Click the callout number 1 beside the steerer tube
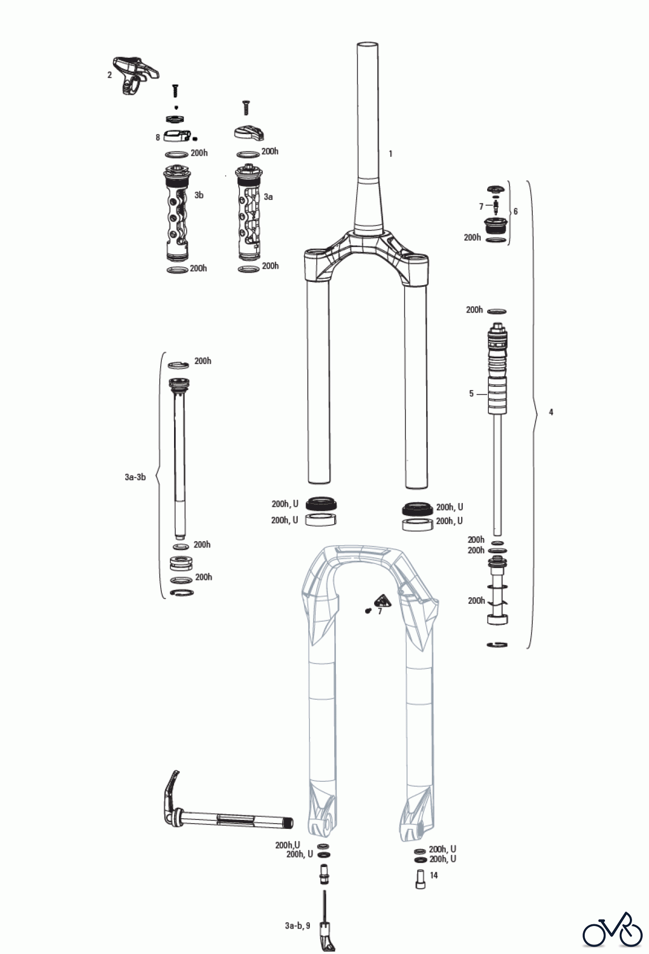391,154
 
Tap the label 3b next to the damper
199,195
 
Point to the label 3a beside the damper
269,197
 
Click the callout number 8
158,137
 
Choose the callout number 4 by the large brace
551,412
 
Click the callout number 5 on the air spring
471,394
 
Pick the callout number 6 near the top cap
515,211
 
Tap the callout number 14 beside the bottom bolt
434,875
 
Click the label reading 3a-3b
135,477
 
